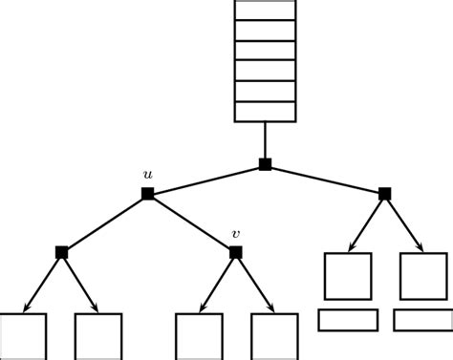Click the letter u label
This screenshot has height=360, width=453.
(147, 175)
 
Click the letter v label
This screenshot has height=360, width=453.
(235, 234)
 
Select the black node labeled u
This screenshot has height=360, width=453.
(147, 194)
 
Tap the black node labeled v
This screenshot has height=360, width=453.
(235, 252)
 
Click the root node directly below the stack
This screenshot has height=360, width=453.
(265, 164)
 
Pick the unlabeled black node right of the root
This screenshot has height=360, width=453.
(384, 194)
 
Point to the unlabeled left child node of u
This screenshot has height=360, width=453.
(61, 252)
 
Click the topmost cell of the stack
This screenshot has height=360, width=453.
(265, 10)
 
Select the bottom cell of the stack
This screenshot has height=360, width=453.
(265, 111)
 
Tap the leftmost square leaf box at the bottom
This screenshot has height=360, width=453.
(23, 336)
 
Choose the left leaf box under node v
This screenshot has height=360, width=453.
(199, 336)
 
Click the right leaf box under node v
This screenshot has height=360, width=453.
(274, 336)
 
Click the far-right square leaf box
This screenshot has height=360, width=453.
(423, 276)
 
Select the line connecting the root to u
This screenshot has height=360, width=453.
(205, 180)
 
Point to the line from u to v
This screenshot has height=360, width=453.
(191, 222)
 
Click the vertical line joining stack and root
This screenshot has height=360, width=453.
(265, 140)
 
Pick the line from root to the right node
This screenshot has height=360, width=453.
(325, 180)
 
